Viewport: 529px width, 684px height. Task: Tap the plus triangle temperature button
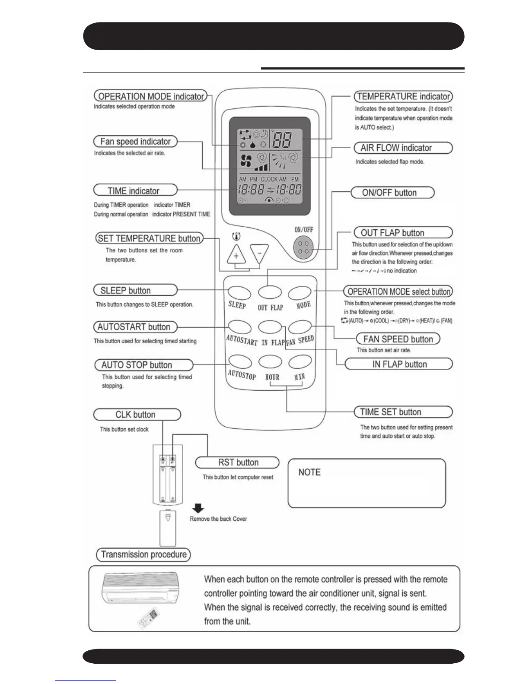(x=236, y=255)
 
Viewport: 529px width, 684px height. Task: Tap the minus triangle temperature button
(x=259, y=253)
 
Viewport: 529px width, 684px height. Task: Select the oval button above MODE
(x=300, y=293)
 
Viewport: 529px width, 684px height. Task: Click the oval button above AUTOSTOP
(x=240, y=361)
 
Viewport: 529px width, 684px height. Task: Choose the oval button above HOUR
(x=270, y=361)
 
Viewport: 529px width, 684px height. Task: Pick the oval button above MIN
(x=300, y=361)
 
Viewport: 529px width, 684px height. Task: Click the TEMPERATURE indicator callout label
(x=403, y=96)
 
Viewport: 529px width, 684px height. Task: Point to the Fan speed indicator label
(x=135, y=141)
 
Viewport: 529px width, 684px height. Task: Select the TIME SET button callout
(x=403, y=412)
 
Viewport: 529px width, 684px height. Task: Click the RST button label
(x=237, y=462)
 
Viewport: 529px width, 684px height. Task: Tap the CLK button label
(x=137, y=415)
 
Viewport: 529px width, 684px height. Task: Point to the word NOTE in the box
(x=309, y=472)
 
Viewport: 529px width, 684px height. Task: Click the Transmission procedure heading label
(x=143, y=554)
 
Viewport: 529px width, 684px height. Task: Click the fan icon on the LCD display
(x=246, y=161)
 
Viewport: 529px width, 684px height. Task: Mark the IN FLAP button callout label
(x=399, y=364)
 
